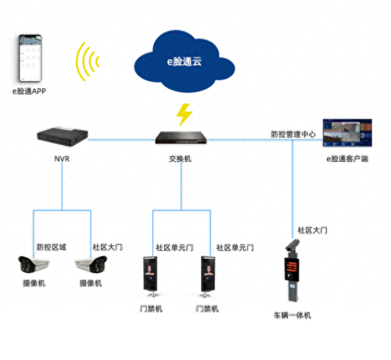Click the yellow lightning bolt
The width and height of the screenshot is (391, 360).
pos(184,114)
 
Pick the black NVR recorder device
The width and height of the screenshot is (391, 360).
pos(61,136)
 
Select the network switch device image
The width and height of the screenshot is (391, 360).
pos(183,138)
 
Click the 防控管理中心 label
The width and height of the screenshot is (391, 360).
pos(293,134)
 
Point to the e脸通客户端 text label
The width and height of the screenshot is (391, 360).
pos(347,159)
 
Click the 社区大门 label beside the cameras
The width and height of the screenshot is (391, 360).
pos(107,247)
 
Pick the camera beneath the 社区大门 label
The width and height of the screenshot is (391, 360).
pos(88,265)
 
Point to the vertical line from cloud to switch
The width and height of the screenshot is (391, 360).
pos(184,98)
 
